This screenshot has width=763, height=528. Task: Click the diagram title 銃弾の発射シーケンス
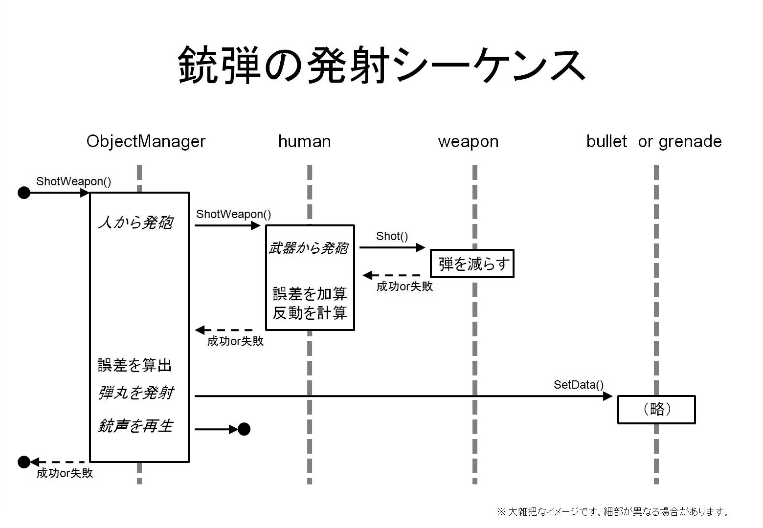point(381,65)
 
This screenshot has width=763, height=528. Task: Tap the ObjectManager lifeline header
point(146,141)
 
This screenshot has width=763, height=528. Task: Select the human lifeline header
point(304,141)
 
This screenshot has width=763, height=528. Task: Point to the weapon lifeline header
point(468,141)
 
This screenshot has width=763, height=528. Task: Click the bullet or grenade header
point(654,141)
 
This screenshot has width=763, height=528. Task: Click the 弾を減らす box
point(472,264)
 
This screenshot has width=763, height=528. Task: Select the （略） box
point(656,409)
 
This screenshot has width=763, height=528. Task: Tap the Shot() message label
point(392,236)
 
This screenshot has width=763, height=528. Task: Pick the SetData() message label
point(578,385)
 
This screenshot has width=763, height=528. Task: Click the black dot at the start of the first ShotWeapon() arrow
point(24,193)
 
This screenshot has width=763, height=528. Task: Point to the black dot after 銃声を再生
point(244,429)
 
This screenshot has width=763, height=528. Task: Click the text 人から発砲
point(135,223)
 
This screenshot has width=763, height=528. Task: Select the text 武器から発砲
point(309,248)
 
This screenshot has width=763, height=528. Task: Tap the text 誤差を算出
point(135,365)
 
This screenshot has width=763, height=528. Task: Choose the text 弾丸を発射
point(135,393)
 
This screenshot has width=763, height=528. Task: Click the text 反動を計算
point(310,313)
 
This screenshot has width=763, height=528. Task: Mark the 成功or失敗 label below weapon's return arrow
point(404,286)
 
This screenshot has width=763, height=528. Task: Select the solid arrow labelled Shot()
point(392,248)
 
